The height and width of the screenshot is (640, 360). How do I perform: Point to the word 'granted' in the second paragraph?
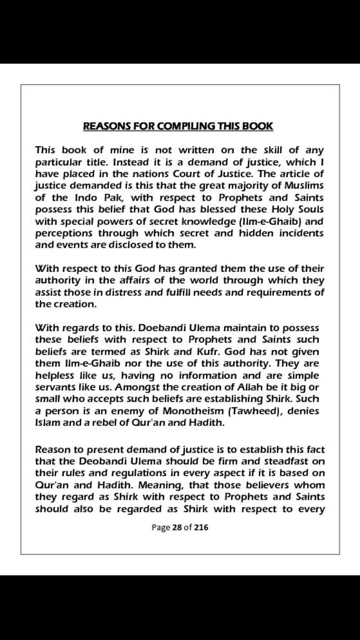(198, 269)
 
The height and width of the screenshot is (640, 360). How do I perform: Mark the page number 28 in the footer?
(177, 527)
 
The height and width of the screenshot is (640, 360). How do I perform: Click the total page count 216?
(201, 527)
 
